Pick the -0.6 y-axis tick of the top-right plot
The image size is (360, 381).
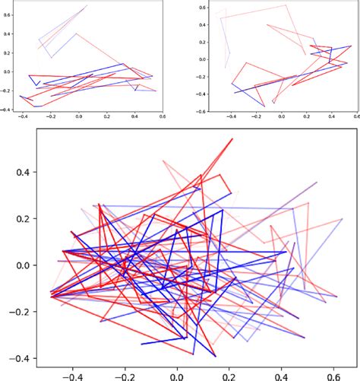pos(199,111)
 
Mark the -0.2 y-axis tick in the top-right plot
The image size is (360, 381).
pos(199,76)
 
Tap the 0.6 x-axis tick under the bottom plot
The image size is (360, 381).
pos(332,374)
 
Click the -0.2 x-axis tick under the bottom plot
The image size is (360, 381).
pos(125,374)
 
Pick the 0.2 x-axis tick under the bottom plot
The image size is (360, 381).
pos(229,374)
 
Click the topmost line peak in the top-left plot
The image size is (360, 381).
pos(87,5)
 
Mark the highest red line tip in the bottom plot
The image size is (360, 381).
pos(232,139)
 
